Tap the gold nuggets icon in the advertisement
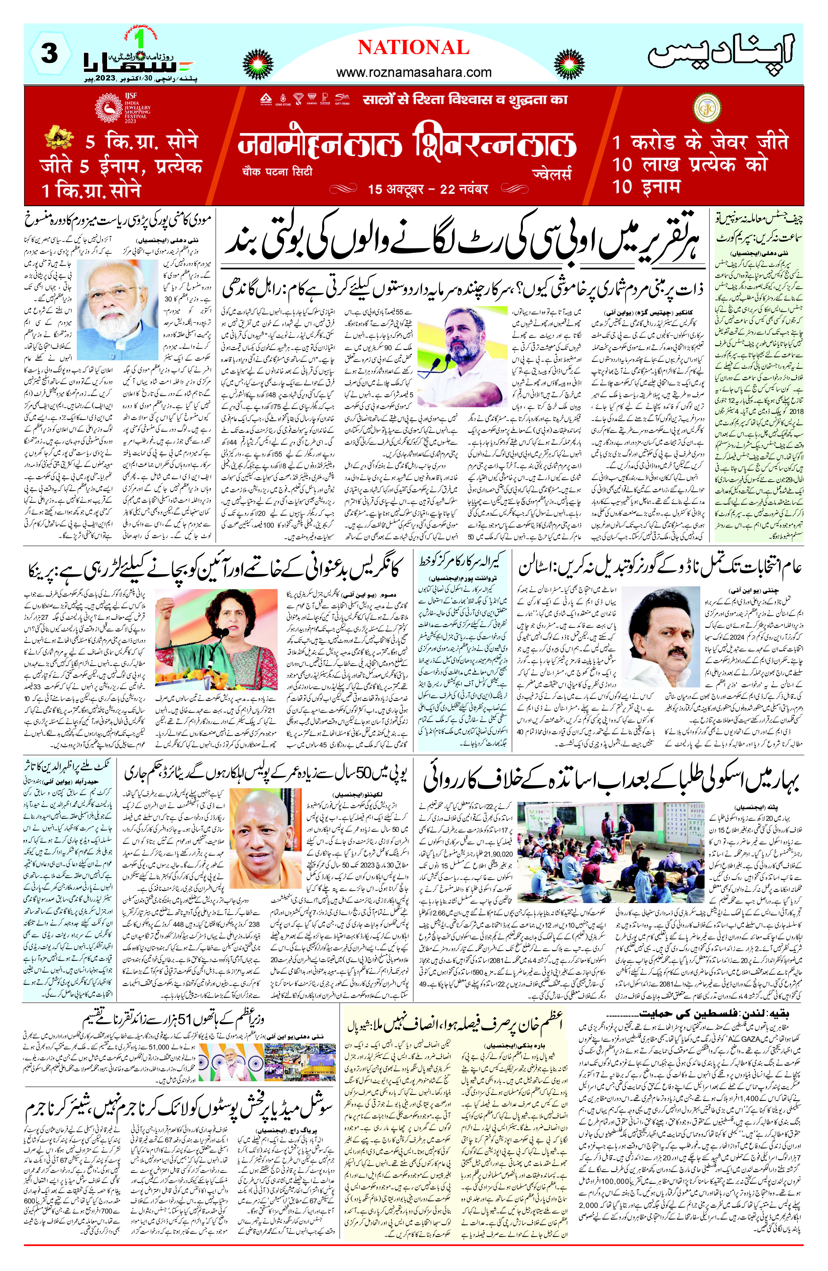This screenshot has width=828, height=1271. tap(59, 138)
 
